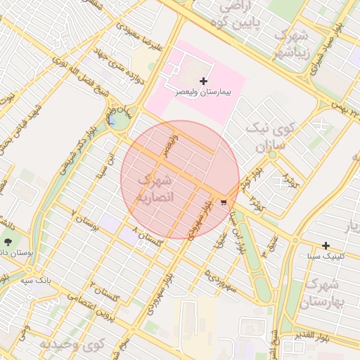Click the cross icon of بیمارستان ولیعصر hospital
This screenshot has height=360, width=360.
(204, 81)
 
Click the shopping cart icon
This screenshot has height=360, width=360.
(224, 202)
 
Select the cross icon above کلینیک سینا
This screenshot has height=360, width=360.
(326, 245)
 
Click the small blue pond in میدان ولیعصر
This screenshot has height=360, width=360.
(112, 122)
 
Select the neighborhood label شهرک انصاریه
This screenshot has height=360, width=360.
(153, 188)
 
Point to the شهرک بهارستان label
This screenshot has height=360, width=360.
(323, 294)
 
